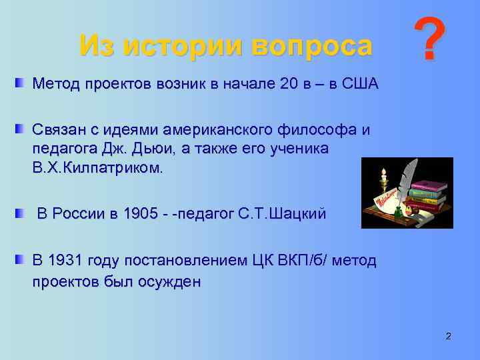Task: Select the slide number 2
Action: [x=448, y=335]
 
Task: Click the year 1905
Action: [x=143, y=214]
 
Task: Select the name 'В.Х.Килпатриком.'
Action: [x=97, y=167]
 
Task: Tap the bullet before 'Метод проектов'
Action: [x=19, y=83]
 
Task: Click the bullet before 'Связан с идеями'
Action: [x=19, y=128]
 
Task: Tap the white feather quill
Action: [x=405, y=177]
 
